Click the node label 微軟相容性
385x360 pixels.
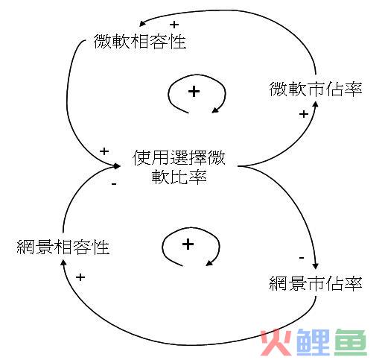(140, 42)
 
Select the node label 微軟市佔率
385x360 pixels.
(316, 89)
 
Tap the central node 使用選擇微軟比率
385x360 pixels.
(179, 167)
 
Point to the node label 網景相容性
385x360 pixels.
(63, 247)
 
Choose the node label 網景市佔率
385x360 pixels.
(316, 283)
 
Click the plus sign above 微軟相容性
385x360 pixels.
(174, 25)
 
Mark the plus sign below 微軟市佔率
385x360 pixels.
(304, 114)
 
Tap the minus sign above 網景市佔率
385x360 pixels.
(302, 258)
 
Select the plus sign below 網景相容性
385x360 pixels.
(80, 277)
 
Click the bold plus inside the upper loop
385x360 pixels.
(194, 92)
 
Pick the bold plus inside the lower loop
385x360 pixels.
(188, 244)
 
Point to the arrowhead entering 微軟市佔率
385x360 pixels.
(315, 104)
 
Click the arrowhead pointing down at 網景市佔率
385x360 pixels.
(315, 266)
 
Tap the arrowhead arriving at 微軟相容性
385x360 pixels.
(142, 23)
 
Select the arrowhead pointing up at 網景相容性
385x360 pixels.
(63, 262)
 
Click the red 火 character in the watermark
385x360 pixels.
(276, 342)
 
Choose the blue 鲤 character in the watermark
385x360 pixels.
(314, 342)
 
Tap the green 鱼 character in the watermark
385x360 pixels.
(350, 342)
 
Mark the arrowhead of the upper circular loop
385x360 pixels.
(215, 110)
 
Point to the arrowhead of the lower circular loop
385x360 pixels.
(209, 263)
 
